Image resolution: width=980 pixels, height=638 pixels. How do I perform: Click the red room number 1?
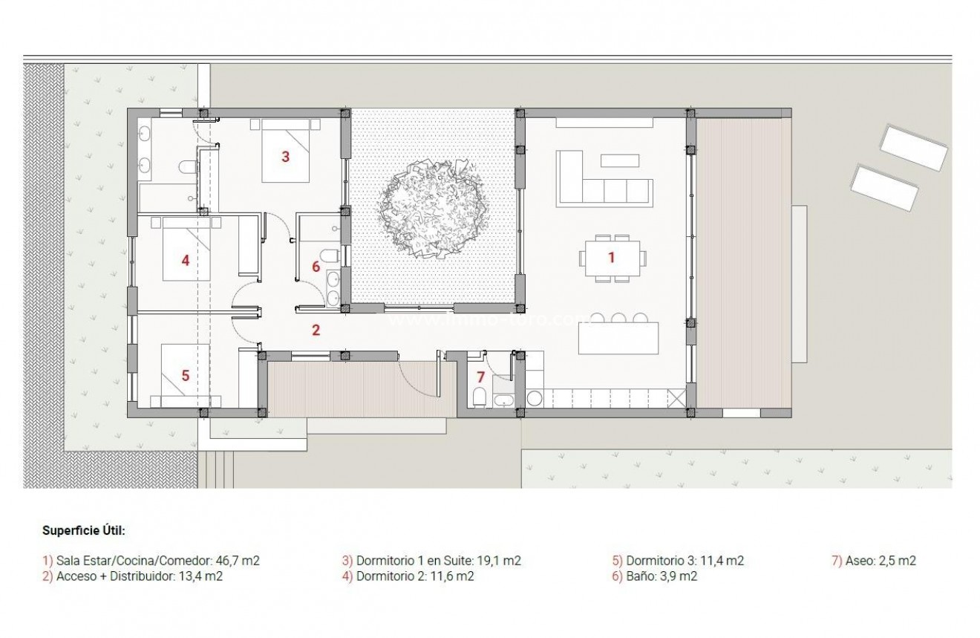tap(612, 258)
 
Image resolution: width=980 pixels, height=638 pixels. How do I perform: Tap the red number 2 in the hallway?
tap(316, 330)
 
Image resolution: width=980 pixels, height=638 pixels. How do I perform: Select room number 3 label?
tap(285, 156)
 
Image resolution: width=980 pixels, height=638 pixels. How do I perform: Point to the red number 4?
tap(186, 260)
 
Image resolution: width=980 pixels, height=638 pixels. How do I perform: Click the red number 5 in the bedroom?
tap(186, 376)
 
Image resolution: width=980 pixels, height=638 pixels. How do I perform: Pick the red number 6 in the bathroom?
tap(316, 266)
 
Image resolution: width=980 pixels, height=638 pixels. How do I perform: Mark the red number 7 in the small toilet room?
tap(480, 377)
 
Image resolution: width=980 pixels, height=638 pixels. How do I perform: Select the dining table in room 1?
tap(612, 258)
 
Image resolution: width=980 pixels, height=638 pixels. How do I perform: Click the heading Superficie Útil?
tap(84, 531)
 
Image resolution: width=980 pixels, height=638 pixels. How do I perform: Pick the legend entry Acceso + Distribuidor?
tap(134, 576)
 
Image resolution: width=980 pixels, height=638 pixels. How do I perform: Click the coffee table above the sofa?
tap(619, 160)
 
